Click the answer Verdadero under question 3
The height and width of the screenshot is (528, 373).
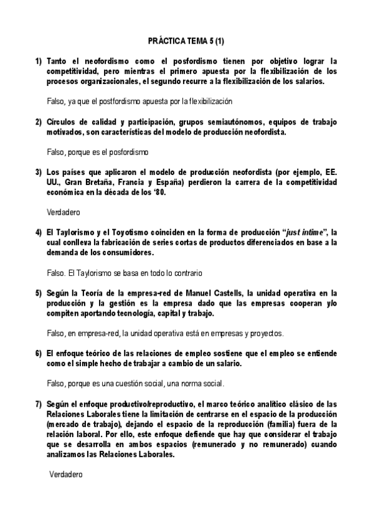[x=60, y=212]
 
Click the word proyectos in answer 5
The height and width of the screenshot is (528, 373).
[x=266, y=333]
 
